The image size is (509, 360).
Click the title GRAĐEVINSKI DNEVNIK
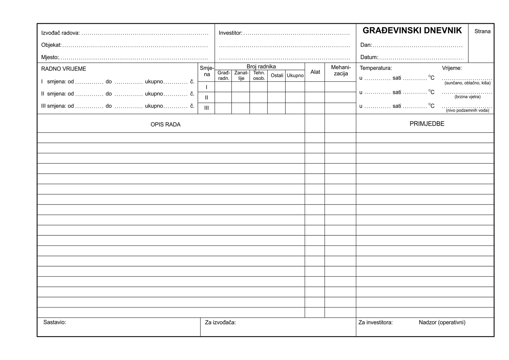[x=412, y=31]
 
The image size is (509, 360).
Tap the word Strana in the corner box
[x=482, y=31]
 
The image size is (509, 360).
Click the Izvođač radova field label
[x=60, y=33]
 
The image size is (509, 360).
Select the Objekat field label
[x=51, y=45]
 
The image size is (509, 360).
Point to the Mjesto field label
[x=50, y=58]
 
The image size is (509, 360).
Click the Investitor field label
[x=230, y=33]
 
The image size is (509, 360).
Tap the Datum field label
[x=369, y=58]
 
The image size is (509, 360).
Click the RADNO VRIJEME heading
[x=64, y=69]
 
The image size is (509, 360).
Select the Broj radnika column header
[x=261, y=66]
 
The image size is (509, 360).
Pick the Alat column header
[x=315, y=72]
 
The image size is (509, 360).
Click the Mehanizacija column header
[x=341, y=71]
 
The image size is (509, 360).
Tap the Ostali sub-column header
[x=277, y=76]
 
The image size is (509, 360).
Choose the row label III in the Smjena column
[x=206, y=108]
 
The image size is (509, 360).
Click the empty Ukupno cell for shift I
[x=295, y=87]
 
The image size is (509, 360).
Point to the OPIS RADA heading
[x=165, y=125]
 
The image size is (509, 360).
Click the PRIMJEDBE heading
[x=427, y=124]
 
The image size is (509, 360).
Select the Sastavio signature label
[x=55, y=322]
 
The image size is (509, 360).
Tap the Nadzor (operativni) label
[x=442, y=322]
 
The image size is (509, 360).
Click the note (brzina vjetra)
[x=467, y=97]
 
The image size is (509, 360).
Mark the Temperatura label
[x=376, y=68]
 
